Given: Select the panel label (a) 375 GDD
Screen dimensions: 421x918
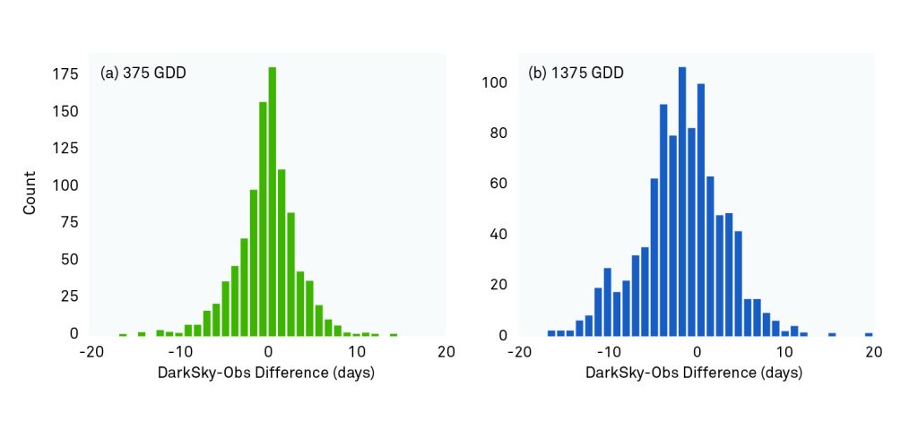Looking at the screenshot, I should point(143,73).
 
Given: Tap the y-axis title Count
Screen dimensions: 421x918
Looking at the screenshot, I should point(30,192).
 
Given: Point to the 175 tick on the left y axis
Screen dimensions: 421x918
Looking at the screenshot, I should point(64,74).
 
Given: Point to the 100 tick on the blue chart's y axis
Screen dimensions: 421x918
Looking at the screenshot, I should point(497,83).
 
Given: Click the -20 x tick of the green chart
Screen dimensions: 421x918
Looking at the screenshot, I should point(91,352).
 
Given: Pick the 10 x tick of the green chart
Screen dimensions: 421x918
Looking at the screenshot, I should point(357,352).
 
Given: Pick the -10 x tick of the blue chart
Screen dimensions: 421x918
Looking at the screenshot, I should point(607,352).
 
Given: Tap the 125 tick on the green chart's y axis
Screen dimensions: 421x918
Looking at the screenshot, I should point(64,112).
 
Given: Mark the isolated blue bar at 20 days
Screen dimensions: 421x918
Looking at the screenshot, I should point(869,333).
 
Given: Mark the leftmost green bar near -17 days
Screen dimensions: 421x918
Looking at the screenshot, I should point(122,334).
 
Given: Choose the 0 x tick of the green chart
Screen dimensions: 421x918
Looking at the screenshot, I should point(268,352).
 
